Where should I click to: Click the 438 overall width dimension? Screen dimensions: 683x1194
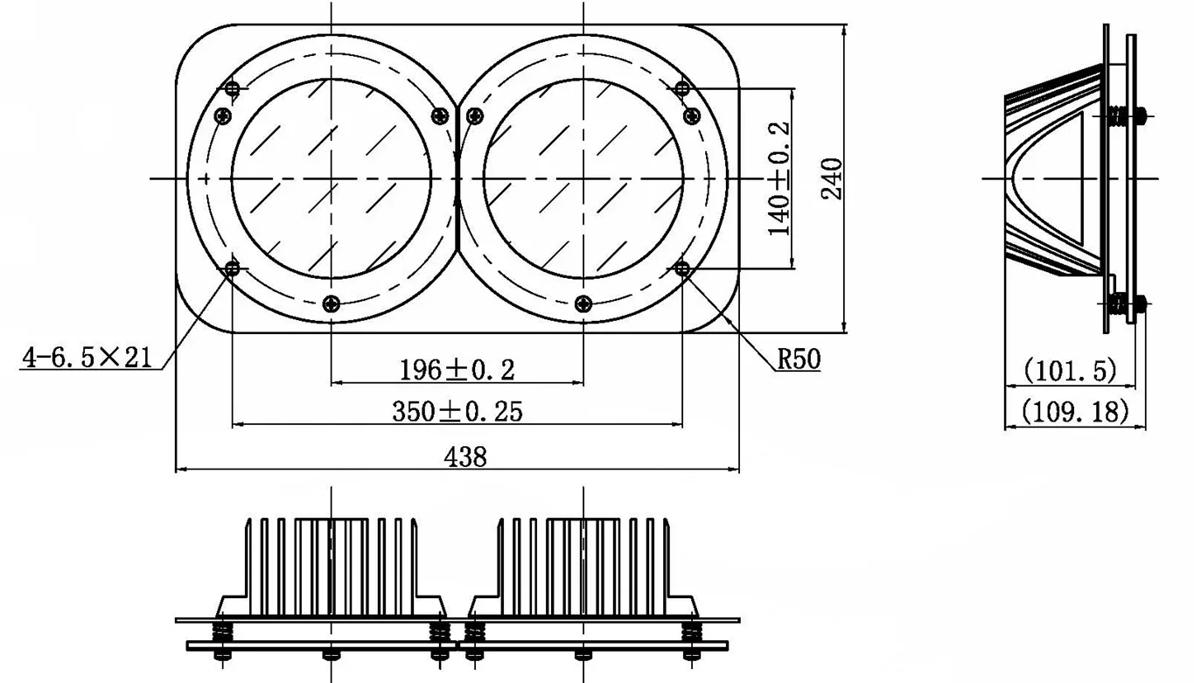click(x=465, y=456)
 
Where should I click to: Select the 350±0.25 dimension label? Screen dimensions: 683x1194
click(x=457, y=411)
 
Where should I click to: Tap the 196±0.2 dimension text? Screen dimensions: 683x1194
click(x=457, y=370)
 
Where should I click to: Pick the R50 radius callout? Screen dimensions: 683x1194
click(x=799, y=359)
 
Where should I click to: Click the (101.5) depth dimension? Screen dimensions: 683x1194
click(x=1070, y=371)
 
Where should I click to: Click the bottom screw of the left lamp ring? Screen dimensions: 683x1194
click(x=331, y=303)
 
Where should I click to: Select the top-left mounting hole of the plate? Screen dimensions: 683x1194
click(x=233, y=88)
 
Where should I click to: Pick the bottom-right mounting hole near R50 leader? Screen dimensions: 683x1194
click(x=683, y=268)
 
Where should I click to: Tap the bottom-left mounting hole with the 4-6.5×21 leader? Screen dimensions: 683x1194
click(x=233, y=268)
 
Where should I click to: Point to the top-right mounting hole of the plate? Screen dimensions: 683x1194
click(x=683, y=87)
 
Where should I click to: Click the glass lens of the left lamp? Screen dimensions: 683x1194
click(x=331, y=178)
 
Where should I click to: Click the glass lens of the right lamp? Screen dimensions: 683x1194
click(x=583, y=178)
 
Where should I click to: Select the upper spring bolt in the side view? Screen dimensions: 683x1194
click(x=1119, y=115)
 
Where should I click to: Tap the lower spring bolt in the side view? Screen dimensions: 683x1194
click(x=1119, y=304)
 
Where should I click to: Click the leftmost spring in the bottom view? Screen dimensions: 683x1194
click(x=222, y=631)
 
